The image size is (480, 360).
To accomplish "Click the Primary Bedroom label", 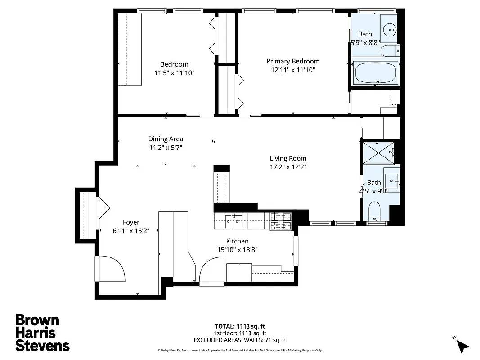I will point(293,61).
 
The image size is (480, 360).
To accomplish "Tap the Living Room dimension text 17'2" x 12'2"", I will point(288,167).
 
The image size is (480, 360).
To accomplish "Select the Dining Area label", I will point(166,139).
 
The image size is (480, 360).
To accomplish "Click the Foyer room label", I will point(131,222).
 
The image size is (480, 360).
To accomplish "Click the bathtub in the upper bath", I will point(376,73).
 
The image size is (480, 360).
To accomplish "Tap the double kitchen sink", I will point(234,219).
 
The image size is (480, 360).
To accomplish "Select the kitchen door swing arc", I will point(211,270).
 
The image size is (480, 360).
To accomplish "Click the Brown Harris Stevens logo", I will point(42,333).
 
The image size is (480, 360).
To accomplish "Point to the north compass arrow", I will point(462,346).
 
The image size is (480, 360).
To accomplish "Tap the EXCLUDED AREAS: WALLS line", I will point(240,340).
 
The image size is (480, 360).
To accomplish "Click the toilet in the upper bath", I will point(389,50).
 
